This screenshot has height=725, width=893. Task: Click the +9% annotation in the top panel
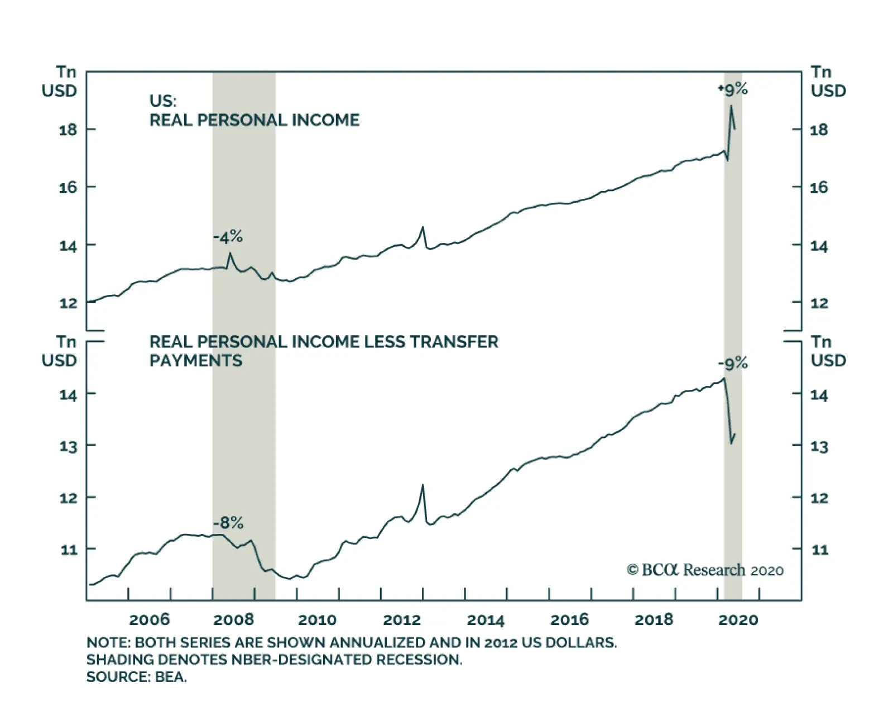click(732, 89)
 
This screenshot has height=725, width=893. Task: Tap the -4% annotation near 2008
click(228, 237)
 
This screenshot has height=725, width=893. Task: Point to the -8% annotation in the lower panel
click(228, 523)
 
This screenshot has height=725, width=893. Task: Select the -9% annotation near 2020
click(732, 364)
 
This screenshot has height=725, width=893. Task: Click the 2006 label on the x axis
click(149, 619)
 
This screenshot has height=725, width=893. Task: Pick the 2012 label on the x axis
click(402, 619)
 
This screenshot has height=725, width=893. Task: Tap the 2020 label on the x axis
click(738, 619)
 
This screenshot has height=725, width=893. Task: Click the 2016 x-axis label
click(569, 619)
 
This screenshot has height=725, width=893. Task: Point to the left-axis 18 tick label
click(68, 130)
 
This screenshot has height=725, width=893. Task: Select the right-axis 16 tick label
click(819, 187)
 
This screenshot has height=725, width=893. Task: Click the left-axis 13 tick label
click(68, 446)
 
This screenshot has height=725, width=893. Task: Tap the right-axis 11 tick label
click(819, 550)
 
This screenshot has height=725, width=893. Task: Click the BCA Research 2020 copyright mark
click(705, 570)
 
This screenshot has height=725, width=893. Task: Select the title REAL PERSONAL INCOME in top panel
click(255, 120)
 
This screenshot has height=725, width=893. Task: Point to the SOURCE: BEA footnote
click(137, 677)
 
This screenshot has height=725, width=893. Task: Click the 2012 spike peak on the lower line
click(423, 485)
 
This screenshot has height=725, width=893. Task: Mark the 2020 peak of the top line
click(731, 106)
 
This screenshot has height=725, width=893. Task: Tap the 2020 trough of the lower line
click(731, 444)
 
